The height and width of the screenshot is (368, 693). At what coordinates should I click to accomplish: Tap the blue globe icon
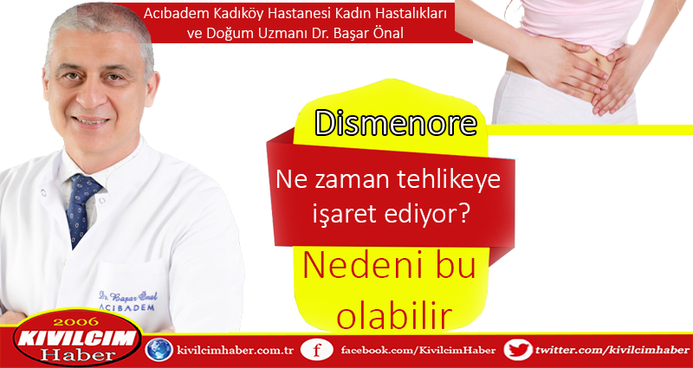point(159,350)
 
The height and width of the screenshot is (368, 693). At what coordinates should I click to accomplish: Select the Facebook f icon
point(316,351)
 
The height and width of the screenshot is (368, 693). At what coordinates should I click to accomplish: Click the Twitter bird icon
point(518,350)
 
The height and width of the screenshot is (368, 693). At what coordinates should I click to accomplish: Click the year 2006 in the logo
point(77,321)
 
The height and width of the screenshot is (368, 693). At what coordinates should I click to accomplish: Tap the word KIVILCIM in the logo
point(74,338)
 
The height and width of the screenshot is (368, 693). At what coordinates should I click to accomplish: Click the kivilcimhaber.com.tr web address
point(235,351)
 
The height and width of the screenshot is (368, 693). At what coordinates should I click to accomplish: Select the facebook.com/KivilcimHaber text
point(418,351)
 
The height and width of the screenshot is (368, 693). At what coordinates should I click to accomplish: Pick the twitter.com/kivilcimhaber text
point(612,351)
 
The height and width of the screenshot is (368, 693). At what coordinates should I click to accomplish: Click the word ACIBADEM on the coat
point(126,307)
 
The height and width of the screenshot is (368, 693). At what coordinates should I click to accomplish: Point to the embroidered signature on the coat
point(127,295)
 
